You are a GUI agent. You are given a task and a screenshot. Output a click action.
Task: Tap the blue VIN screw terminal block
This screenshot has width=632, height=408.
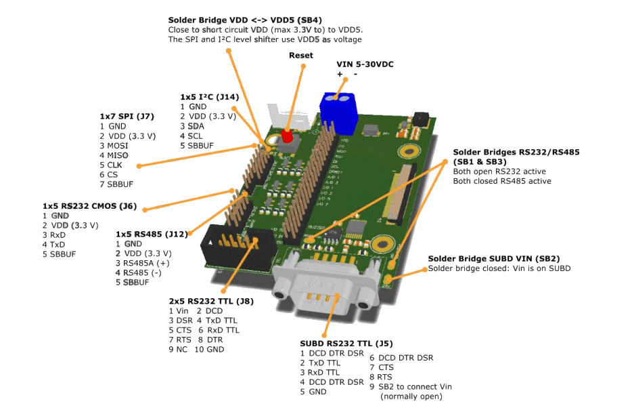point(338,112)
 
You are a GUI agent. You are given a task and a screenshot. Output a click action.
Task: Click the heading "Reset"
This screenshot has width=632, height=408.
point(301,55)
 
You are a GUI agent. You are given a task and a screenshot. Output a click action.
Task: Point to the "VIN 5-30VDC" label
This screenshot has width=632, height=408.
point(365,64)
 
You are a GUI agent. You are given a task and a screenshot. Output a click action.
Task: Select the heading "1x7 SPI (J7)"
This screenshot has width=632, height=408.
point(127,116)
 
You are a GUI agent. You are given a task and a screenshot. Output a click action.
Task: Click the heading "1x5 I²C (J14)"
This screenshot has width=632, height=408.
point(209,97)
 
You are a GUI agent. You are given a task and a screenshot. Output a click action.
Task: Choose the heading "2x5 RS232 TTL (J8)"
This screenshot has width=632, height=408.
point(211,301)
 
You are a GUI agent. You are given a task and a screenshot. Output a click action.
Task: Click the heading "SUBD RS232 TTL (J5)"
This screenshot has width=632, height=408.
point(346,344)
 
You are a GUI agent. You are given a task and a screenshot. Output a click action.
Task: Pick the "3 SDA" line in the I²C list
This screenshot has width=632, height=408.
point(192,126)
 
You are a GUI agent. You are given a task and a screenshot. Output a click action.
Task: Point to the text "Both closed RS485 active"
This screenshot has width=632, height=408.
point(502,181)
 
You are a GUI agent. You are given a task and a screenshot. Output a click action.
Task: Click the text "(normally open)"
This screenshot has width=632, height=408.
point(411,396)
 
